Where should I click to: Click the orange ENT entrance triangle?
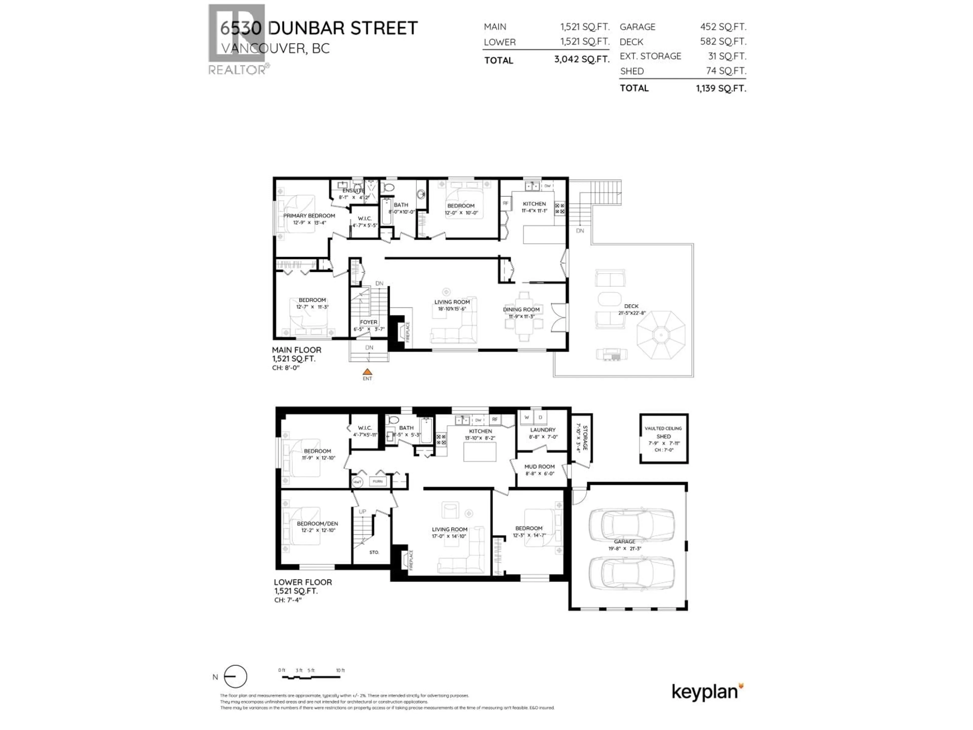(367, 372)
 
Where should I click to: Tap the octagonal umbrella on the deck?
(661, 335)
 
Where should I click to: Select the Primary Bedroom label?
(309, 216)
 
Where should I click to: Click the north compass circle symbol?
(235, 676)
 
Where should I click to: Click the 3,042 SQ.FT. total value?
(582, 59)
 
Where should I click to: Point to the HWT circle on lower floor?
(357, 482)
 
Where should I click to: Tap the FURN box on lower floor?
(377, 481)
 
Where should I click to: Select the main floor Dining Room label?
(521, 309)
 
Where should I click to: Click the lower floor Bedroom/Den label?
(317, 524)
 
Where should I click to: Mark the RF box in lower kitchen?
(495, 419)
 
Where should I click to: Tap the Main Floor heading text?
(296, 350)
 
